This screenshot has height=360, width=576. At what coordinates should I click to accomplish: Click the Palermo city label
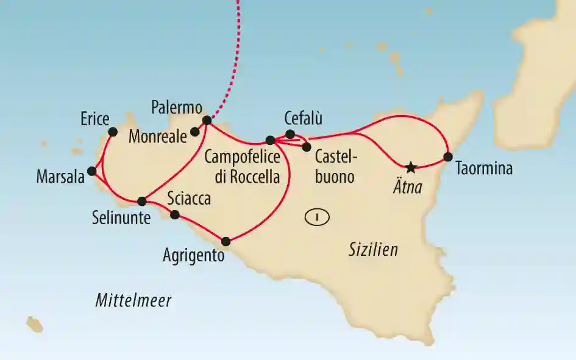177,108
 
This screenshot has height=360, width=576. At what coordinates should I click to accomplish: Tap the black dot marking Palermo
207,120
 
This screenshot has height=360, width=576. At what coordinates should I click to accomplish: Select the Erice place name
94,118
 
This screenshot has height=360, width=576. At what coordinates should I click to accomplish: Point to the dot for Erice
112,132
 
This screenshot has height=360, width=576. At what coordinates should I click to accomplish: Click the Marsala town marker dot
92,171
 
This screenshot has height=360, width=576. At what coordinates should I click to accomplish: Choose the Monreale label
157,137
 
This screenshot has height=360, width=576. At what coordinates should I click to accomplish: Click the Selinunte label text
121,217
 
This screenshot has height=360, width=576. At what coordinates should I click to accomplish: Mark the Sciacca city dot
175,214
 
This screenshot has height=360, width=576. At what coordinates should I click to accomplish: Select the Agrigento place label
194,256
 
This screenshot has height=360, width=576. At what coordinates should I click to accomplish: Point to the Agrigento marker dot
226,241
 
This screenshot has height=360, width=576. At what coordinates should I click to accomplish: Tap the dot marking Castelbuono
307,146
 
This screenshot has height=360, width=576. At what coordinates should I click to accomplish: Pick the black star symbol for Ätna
411,166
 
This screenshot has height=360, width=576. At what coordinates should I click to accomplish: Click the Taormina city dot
448,157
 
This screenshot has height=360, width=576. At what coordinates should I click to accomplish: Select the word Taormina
483,169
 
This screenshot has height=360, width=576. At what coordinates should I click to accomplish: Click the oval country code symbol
317,216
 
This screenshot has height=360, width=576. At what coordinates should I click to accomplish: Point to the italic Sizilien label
374,249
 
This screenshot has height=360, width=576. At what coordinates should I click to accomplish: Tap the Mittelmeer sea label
133,300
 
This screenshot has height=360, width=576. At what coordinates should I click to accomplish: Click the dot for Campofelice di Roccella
271,141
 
